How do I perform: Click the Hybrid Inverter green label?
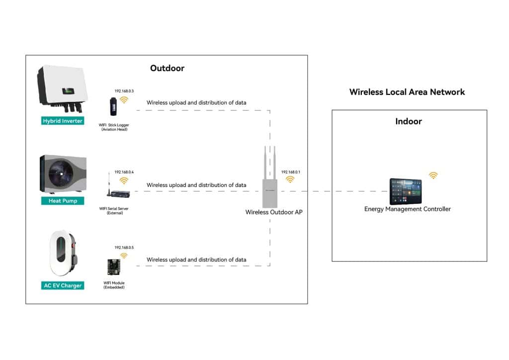click(x=63, y=121)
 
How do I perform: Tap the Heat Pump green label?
click(x=63, y=201)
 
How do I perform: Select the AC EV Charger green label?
click(x=62, y=285)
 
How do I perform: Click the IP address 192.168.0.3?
click(x=124, y=91)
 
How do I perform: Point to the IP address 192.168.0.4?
click(x=124, y=172)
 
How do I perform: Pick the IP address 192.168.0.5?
click(x=124, y=247)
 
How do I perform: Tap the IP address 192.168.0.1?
click(x=291, y=172)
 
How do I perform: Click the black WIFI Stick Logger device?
click(x=114, y=106)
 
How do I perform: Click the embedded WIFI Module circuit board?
click(x=114, y=268)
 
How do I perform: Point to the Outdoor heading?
click(x=167, y=68)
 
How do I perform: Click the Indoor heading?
click(x=409, y=121)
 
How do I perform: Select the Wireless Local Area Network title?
click(x=407, y=92)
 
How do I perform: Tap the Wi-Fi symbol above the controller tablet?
click(x=433, y=176)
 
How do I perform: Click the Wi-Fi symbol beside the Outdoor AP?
click(x=290, y=180)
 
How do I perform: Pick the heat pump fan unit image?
click(x=62, y=175)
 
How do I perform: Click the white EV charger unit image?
click(x=61, y=253)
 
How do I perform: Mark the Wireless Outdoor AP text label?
click(x=273, y=212)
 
